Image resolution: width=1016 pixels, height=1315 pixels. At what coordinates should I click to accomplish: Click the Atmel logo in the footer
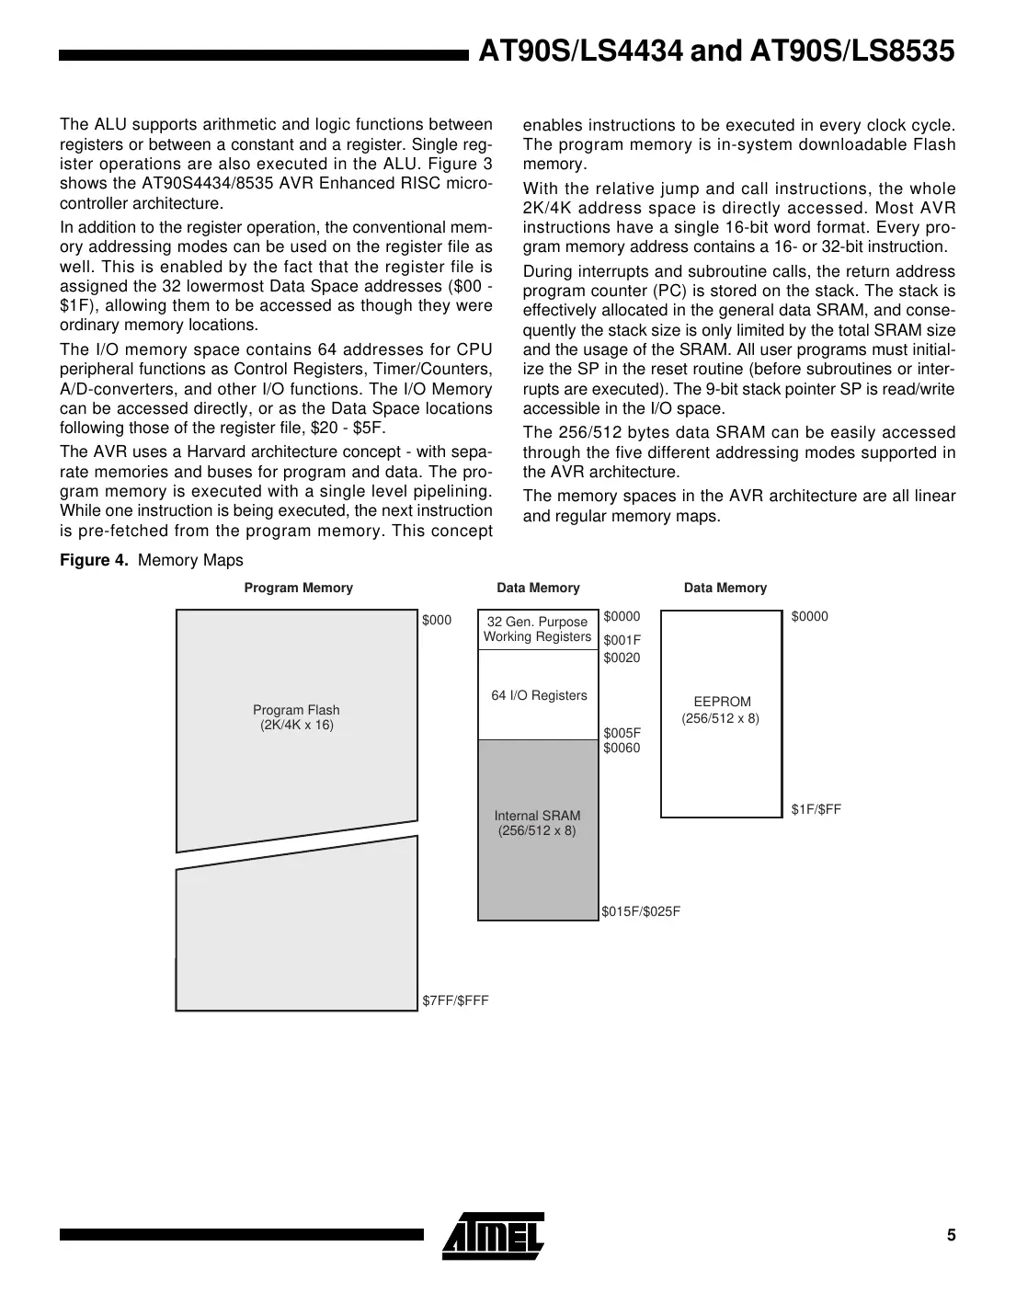[x=493, y=1235]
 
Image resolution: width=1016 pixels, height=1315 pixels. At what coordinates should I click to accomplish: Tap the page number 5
[x=952, y=1235]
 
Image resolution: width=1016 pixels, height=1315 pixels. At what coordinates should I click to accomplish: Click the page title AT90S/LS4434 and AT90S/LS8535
[x=716, y=51]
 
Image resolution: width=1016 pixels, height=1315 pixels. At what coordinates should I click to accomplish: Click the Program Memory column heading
[x=298, y=588]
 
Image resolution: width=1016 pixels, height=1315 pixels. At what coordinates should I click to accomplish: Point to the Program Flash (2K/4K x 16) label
[x=296, y=717]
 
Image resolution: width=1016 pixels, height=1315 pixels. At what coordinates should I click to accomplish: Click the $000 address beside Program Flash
[x=437, y=620]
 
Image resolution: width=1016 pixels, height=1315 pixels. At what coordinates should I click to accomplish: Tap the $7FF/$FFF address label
[x=455, y=1000]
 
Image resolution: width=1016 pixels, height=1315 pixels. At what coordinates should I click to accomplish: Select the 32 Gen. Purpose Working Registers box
[x=537, y=630]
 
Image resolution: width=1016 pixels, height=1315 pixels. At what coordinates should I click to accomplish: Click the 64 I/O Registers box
[x=538, y=695]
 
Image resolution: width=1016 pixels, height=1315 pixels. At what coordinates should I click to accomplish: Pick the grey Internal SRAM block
[x=538, y=828]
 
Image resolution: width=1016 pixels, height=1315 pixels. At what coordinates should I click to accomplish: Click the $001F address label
[x=622, y=640]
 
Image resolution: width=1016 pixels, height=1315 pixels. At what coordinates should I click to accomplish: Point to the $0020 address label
[x=622, y=657]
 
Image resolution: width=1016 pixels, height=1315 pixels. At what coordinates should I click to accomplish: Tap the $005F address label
[x=622, y=733]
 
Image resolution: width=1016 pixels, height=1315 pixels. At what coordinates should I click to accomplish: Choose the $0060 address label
[x=622, y=748]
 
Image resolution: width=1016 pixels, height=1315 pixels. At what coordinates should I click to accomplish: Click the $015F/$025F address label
[x=641, y=911]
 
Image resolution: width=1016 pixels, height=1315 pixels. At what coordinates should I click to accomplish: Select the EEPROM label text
[x=722, y=702]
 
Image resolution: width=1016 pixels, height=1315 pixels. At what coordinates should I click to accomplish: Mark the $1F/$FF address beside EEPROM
[x=816, y=809]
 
